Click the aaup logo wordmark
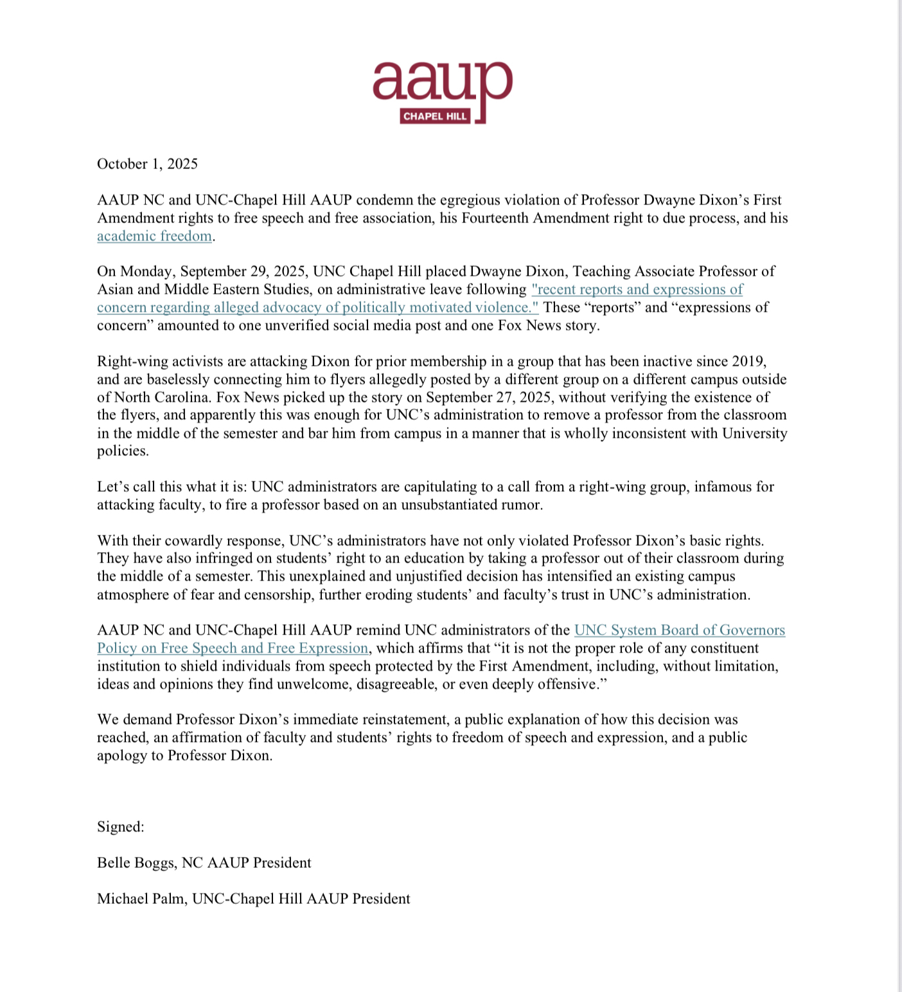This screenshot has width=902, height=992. click(442, 82)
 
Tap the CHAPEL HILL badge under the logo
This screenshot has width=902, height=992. click(435, 116)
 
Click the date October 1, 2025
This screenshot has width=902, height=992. click(147, 164)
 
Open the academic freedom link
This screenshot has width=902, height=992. click(154, 236)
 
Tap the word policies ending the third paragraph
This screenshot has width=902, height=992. click(122, 451)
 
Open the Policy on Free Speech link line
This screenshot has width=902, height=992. click(233, 648)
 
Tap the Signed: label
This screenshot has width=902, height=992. click(121, 827)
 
